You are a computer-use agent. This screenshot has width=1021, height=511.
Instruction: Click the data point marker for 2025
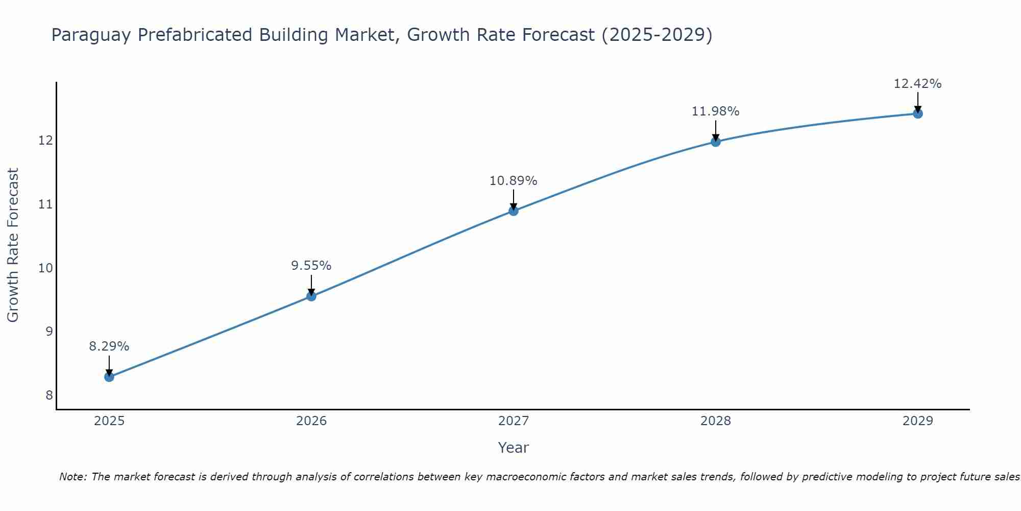pos(109,377)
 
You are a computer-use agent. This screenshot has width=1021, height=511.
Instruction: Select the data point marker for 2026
pos(311,296)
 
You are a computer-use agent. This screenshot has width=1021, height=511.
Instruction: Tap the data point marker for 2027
pos(514,211)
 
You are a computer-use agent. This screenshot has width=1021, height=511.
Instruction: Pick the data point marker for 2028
pos(716,142)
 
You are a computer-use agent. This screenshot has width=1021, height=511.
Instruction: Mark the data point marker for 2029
pos(918,113)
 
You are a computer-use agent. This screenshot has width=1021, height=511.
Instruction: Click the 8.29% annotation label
pos(109,346)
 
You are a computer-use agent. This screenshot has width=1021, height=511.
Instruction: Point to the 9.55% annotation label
pos(311,266)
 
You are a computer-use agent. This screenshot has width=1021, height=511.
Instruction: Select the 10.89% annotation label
pos(514,181)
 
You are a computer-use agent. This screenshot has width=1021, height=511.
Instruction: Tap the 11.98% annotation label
pos(716,111)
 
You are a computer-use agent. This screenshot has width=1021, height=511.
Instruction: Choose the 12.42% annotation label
pos(918,84)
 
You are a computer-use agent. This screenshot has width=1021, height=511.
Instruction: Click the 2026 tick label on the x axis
pos(311,421)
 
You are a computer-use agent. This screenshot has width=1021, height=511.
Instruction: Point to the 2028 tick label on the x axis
pos(716,421)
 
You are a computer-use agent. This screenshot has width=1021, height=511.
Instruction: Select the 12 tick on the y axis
pos(46,140)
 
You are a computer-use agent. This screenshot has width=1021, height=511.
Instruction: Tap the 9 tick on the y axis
pos(49,332)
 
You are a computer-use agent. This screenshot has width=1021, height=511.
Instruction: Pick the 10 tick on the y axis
pos(46,268)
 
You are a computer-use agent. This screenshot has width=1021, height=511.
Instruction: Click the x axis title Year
pos(514,448)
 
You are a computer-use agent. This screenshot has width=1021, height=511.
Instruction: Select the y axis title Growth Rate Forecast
pos(13,245)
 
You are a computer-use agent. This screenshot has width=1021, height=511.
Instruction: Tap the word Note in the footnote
pos(74,477)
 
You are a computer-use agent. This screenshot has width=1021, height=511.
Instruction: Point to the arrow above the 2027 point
pos(514,199)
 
